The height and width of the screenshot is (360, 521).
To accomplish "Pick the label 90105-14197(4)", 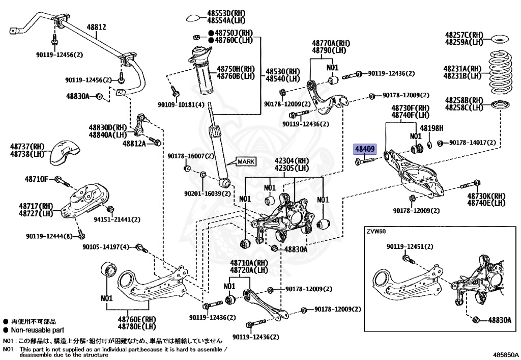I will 106,247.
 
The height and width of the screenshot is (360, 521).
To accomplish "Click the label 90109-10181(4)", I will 181,105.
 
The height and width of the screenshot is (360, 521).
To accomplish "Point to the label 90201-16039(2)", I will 208,193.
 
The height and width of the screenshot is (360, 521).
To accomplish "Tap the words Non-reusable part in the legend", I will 32,330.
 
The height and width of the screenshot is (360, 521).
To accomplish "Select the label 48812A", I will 134,144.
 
